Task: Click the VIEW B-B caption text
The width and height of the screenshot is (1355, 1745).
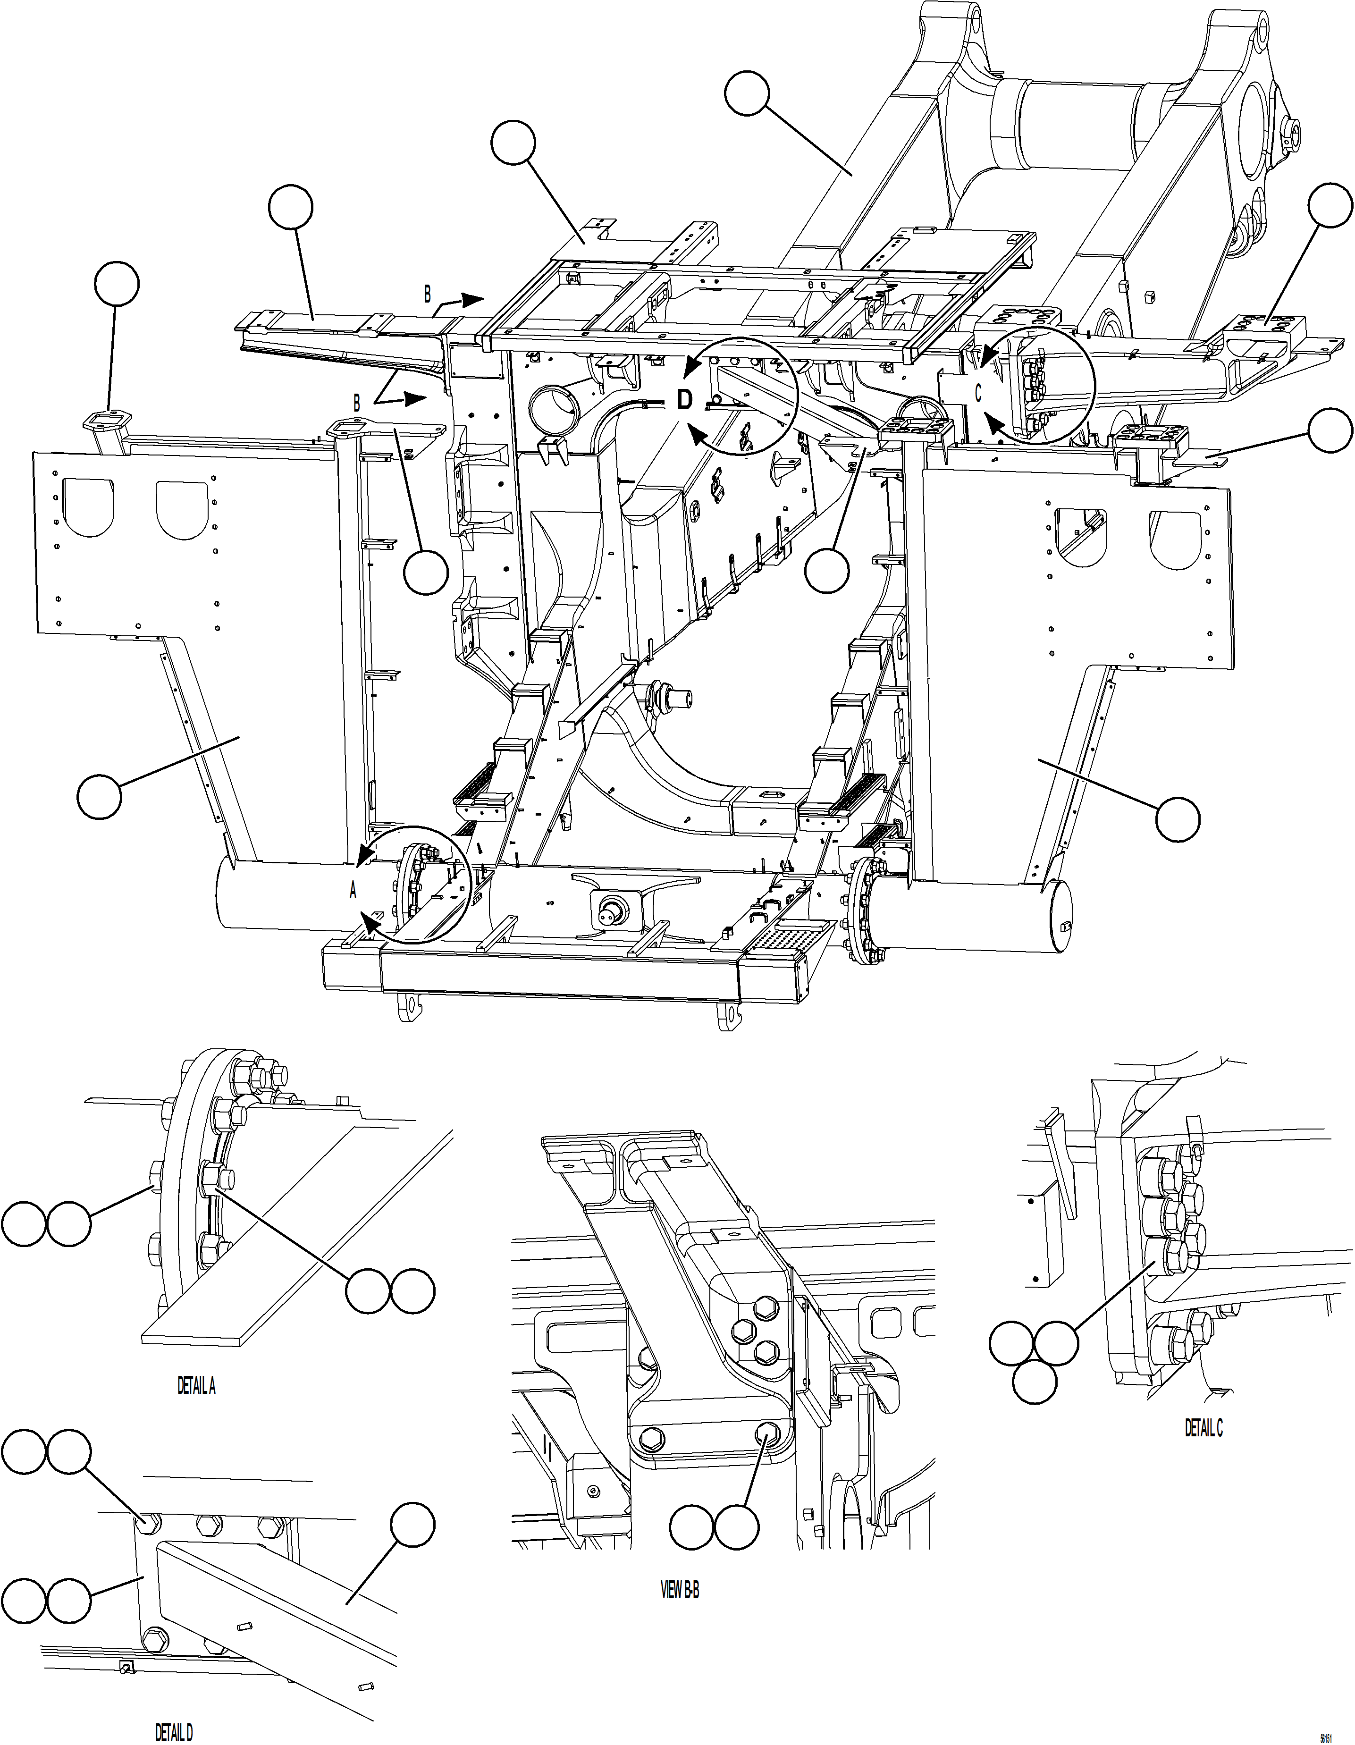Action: [680, 1657]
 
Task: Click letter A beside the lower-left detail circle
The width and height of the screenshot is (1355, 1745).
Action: [353, 892]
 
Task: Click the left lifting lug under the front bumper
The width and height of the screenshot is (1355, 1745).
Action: [409, 1008]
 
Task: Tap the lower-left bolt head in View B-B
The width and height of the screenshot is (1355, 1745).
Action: [649, 1439]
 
